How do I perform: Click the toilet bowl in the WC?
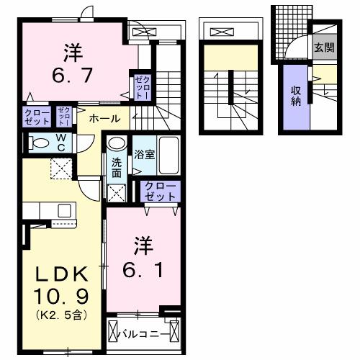tap(40, 143)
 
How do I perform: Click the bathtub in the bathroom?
tap(168, 154)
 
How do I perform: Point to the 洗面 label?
tap(116, 167)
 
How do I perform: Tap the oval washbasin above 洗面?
tap(117, 145)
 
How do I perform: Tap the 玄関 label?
tap(323, 48)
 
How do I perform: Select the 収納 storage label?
tap(295, 96)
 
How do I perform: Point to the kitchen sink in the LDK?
tap(63, 210)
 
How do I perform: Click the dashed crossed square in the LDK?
tap(60, 170)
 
